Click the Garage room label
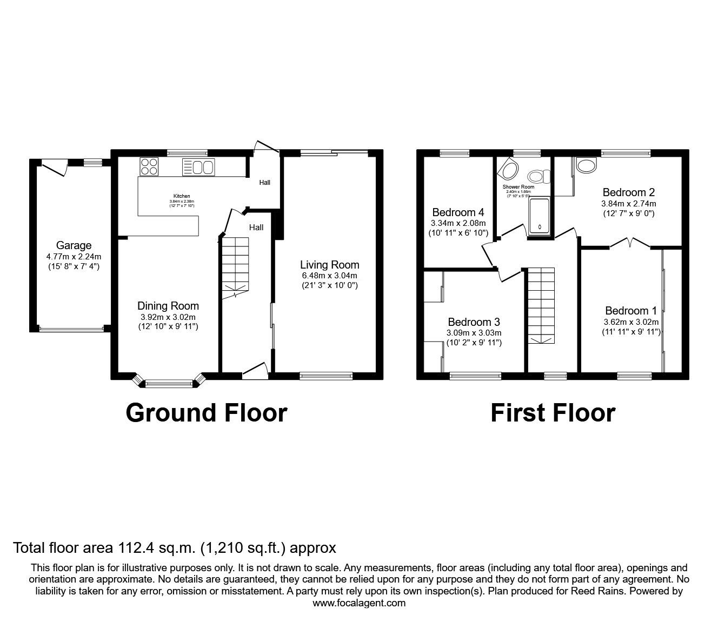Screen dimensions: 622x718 tap(74, 245)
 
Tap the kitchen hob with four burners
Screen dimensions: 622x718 tap(149, 166)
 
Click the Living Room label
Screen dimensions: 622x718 tap(329, 265)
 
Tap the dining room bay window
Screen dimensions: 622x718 tap(168, 383)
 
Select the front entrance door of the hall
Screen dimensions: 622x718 tap(255, 371)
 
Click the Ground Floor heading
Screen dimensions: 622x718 tap(206, 413)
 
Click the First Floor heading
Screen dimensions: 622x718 tap(553, 413)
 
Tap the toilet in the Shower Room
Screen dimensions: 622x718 tap(538, 176)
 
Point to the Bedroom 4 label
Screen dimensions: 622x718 tap(458, 212)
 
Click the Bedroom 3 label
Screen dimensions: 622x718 tap(474, 323)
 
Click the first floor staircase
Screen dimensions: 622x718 tap(541, 305)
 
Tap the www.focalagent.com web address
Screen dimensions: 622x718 tap(359, 603)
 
